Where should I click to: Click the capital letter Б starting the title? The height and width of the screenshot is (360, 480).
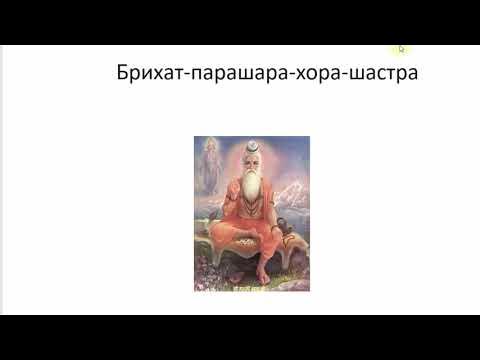(x=121, y=73)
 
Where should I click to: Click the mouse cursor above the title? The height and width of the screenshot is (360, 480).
(x=402, y=47)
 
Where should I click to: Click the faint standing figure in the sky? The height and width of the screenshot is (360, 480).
(x=209, y=165)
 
